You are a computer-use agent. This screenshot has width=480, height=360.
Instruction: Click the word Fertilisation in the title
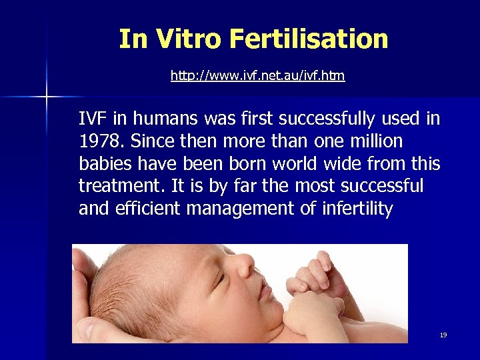[x=308, y=39]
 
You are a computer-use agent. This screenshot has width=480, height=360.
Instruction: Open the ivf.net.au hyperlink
[x=257, y=75]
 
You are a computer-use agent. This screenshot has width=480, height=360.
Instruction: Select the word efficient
[x=148, y=209]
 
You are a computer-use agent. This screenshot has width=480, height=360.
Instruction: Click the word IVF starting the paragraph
[x=92, y=119]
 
